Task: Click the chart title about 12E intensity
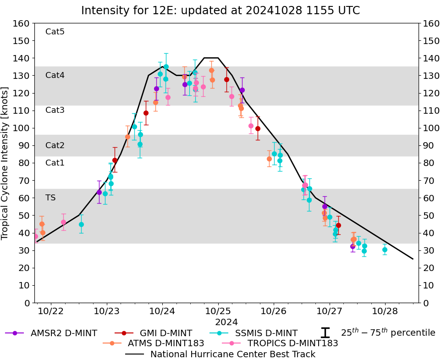[220, 11]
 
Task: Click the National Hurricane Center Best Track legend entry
[232, 354]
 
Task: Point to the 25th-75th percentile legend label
[388, 332]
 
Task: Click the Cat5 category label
[55, 32]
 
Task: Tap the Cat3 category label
[55, 110]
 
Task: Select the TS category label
[50, 198]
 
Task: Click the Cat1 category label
[55, 163]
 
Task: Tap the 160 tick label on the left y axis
[22, 23]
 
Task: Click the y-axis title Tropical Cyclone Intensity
[6, 163]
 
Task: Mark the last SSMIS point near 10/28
[385, 250]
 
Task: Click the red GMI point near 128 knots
[226, 79]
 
